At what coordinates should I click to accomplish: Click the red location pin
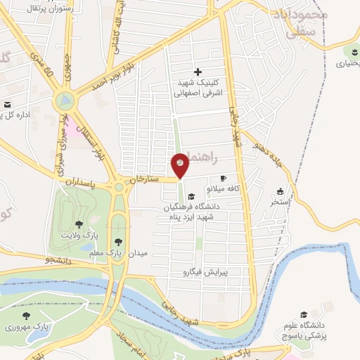[181, 166]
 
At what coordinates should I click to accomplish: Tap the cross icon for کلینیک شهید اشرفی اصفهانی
[198, 72]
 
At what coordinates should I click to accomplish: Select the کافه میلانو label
[223, 188]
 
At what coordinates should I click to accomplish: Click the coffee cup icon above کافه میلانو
[224, 179]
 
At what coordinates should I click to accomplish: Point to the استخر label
[281, 202]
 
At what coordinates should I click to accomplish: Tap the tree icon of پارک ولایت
[79, 224]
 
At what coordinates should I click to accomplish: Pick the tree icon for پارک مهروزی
[27, 317]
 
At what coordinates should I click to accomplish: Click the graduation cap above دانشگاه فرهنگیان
[192, 196]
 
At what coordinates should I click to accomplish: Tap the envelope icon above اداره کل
[8, 105]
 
